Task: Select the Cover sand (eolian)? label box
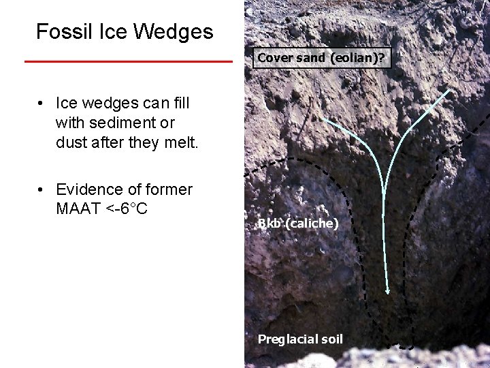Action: pyautogui.click(x=321, y=58)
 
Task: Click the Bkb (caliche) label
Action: pyautogui.click(x=298, y=223)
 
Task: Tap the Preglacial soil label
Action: pyautogui.click(x=300, y=339)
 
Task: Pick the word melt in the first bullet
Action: pyautogui.click(x=179, y=142)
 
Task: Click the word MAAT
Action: pyautogui.click(x=76, y=209)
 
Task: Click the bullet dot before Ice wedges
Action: pyautogui.click(x=42, y=104)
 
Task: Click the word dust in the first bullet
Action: pyautogui.click(x=71, y=142)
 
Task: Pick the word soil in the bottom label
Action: pyautogui.click(x=330, y=339)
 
